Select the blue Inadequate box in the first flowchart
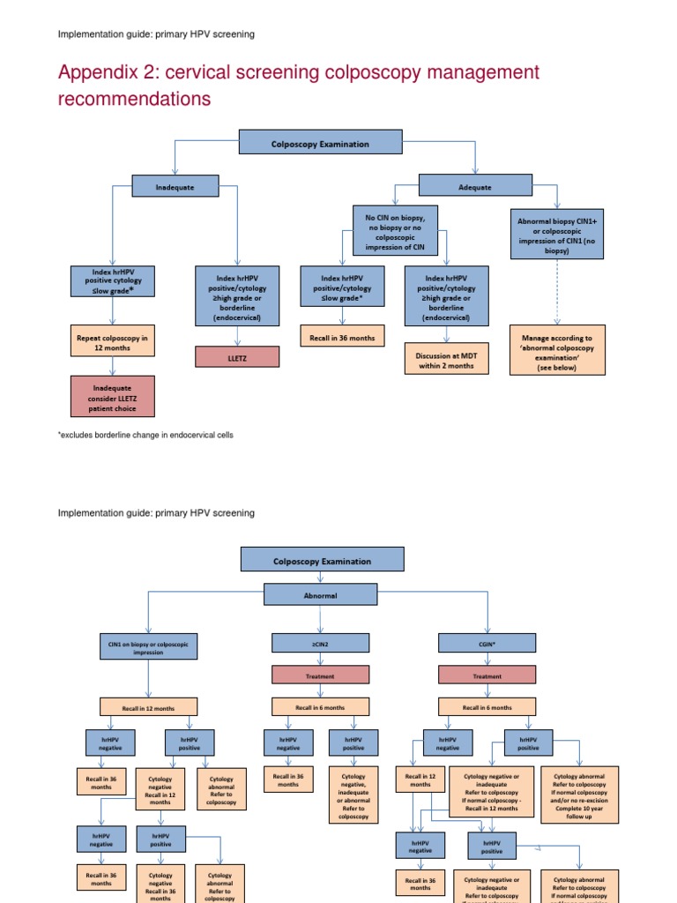pyautogui.click(x=175, y=186)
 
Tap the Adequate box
pyautogui.click(x=475, y=187)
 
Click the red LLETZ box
pyautogui.click(x=237, y=356)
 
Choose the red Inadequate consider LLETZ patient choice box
pyautogui.click(x=112, y=396)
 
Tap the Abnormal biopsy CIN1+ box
pyautogui.click(x=557, y=234)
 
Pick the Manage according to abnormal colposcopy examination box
pyautogui.click(x=557, y=350)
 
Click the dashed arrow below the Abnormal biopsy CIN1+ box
pyautogui.click(x=557, y=291)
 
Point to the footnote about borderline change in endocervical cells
pyautogui.click(x=145, y=436)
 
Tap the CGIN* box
pyautogui.click(x=487, y=646)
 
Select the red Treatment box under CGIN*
pyautogui.click(x=487, y=675)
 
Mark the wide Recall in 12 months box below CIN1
pyautogui.click(x=148, y=707)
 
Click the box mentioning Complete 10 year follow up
pyautogui.click(x=579, y=794)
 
